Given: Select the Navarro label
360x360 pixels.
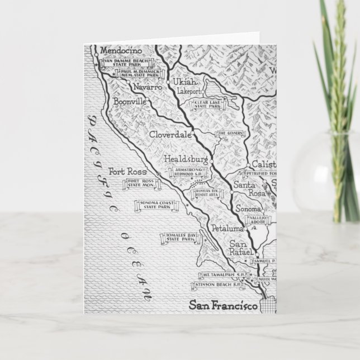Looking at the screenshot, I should [x=147, y=88].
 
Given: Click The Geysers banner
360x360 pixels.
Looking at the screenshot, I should [x=228, y=133].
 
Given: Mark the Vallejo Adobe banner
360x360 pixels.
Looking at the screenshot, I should [x=258, y=219].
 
